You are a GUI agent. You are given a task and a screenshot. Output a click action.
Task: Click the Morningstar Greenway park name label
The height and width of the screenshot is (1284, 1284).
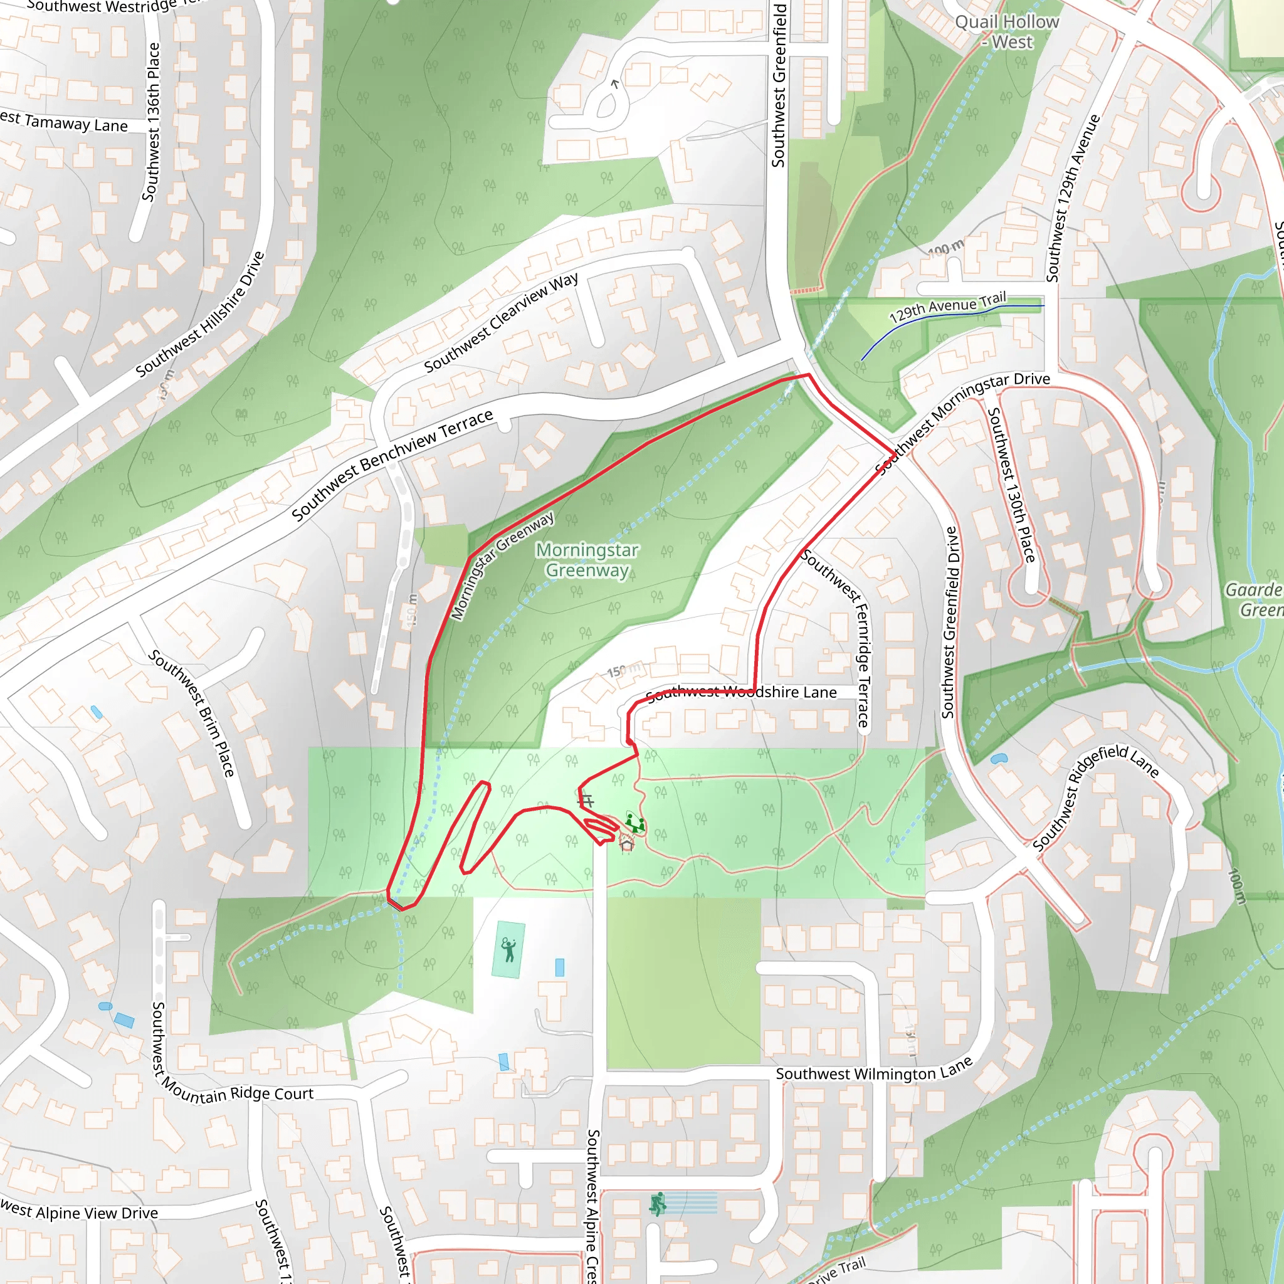587,560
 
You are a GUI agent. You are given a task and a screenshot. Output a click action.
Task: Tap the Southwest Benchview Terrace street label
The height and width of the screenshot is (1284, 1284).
392,465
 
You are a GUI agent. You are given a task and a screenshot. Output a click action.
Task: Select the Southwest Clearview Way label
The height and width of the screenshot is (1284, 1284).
501,322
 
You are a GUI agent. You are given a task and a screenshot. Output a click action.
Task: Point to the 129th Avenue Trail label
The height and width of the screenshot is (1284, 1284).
948,307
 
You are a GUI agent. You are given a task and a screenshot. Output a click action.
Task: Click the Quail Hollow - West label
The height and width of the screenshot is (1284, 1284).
1007,32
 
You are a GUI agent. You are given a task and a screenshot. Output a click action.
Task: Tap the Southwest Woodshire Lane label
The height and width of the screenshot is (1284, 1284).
742,693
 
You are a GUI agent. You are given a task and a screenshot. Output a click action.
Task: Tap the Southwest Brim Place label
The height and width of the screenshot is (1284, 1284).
192,712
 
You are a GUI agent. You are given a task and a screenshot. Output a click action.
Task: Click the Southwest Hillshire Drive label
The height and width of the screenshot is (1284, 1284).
200,314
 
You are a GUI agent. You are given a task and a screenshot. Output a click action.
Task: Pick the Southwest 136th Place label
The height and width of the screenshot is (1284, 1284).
152,122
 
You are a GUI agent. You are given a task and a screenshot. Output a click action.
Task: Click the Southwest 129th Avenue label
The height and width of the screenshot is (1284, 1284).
1073,197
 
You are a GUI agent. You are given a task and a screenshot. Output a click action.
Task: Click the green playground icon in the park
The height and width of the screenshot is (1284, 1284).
635,823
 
